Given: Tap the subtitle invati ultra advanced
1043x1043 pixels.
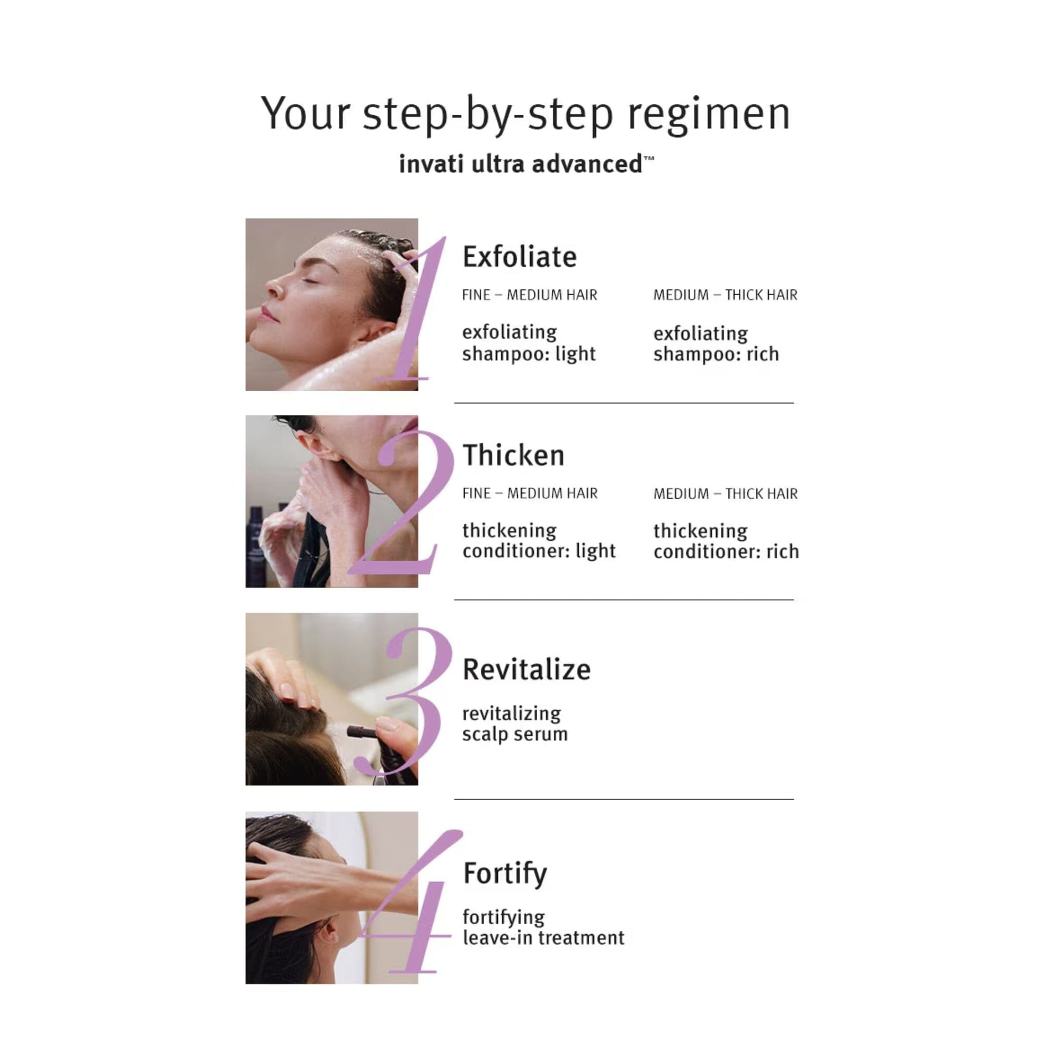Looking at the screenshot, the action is [x=526, y=164].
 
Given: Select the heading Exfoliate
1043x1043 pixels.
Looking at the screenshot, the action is [x=519, y=257].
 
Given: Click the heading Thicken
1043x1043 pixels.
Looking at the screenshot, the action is [x=513, y=455].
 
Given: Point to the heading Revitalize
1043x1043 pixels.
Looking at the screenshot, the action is [x=526, y=669].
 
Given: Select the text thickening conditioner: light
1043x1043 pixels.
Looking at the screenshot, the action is [x=539, y=541].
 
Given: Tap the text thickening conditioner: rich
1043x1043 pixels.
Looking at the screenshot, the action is [x=726, y=541].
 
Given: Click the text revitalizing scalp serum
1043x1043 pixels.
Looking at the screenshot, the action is [x=515, y=724].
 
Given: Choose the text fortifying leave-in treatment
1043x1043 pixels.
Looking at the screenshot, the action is [x=543, y=927].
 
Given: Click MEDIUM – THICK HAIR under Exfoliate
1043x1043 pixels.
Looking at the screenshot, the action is [x=725, y=295].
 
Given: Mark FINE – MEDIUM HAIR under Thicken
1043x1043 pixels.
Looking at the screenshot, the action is [x=530, y=494].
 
